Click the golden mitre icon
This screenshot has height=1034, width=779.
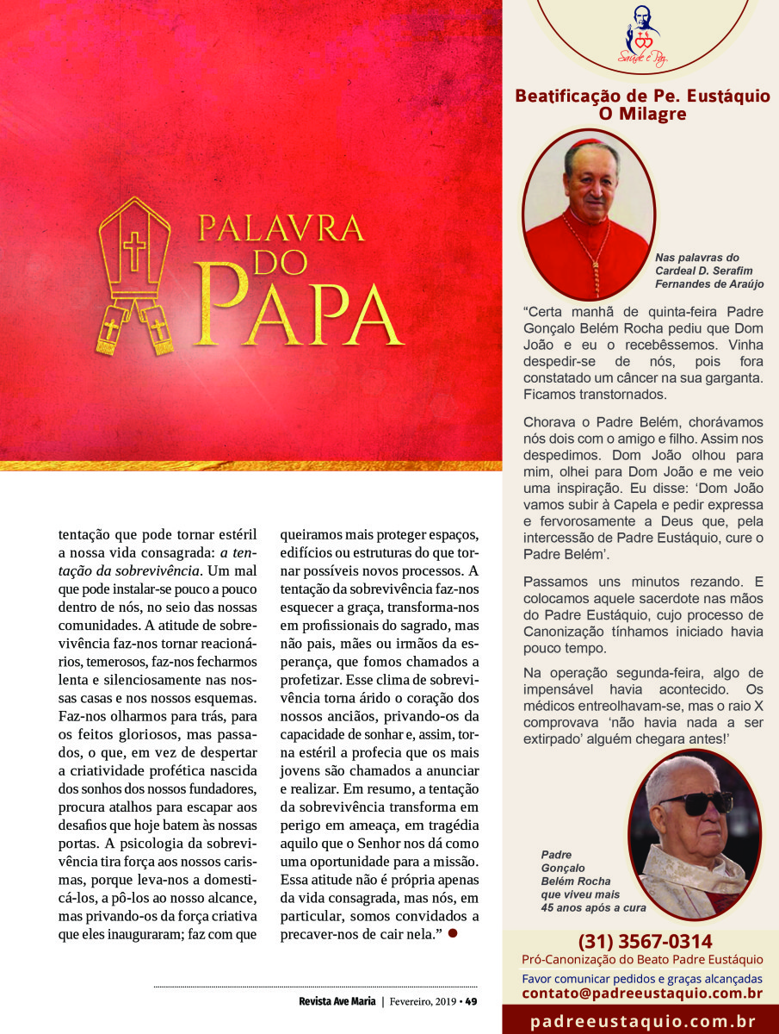(x=134, y=274)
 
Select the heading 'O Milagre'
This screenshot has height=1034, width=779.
(x=642, y=114)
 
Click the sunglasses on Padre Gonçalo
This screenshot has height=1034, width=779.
(x=696, y=802)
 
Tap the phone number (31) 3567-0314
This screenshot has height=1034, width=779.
(x=642, y=942)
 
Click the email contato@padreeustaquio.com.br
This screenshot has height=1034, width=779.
(x=642, y=994)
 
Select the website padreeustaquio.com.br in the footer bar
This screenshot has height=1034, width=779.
(x=642, y=1022)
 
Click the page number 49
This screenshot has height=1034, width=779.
(x=471, y=1001)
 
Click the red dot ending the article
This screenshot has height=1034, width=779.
(x=452, y=934)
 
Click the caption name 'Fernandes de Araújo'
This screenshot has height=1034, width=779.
(x=709, y=283)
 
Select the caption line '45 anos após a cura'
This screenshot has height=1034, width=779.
(x=593, y=907)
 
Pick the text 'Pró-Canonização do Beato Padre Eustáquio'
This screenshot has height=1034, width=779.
(x=642, y=960)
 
